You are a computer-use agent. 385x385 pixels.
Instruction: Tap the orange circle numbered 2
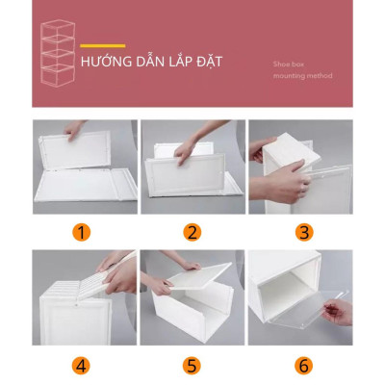click(192, 232)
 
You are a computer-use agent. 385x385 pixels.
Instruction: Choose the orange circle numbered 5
click(192, 365)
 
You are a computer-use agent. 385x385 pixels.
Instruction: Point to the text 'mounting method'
click(302, 75)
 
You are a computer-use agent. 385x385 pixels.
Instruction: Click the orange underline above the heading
click(103, 45)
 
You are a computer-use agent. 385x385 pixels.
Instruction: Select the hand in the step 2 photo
click(189, 144)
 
